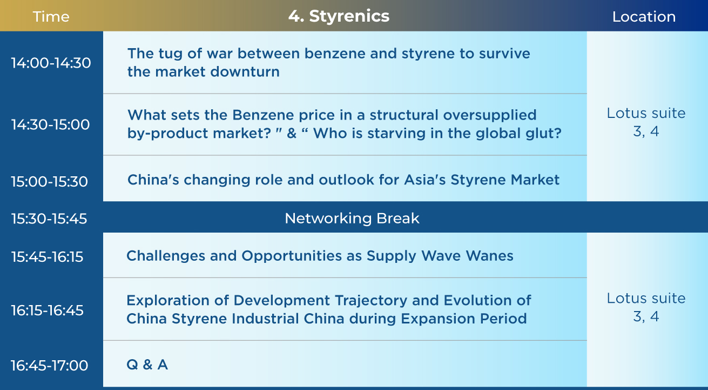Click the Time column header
coord(51,16)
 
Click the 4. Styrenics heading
coord(339,16)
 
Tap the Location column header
coord(644,16)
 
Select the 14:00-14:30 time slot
coord(51,63)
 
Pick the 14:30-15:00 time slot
coord(51,124)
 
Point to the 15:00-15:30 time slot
coord(49,181)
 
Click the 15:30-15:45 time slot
coord(49,219)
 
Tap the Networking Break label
coord(352,218)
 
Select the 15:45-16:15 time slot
coord(47,256)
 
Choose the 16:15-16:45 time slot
coord(47,310)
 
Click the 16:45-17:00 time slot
coord(49,365)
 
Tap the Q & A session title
coord(147,365)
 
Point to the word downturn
coord(245,71)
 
